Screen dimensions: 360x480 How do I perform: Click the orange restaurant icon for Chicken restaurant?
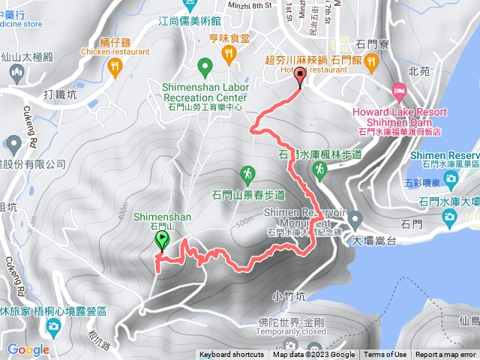click(114, 67)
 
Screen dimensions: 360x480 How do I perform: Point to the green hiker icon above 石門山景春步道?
click(247, 175)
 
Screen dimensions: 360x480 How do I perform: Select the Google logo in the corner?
click(28, 349)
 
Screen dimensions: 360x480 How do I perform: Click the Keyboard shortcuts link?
click(231, 355)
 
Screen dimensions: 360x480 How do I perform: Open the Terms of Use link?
click(385, 355)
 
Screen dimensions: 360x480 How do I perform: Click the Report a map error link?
click(445, 355)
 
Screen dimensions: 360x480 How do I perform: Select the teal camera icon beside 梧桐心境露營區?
click(53, 326)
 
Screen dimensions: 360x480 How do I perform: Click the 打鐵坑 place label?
click(60, 95)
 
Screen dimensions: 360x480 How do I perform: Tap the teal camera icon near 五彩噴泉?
click(451, 178)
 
